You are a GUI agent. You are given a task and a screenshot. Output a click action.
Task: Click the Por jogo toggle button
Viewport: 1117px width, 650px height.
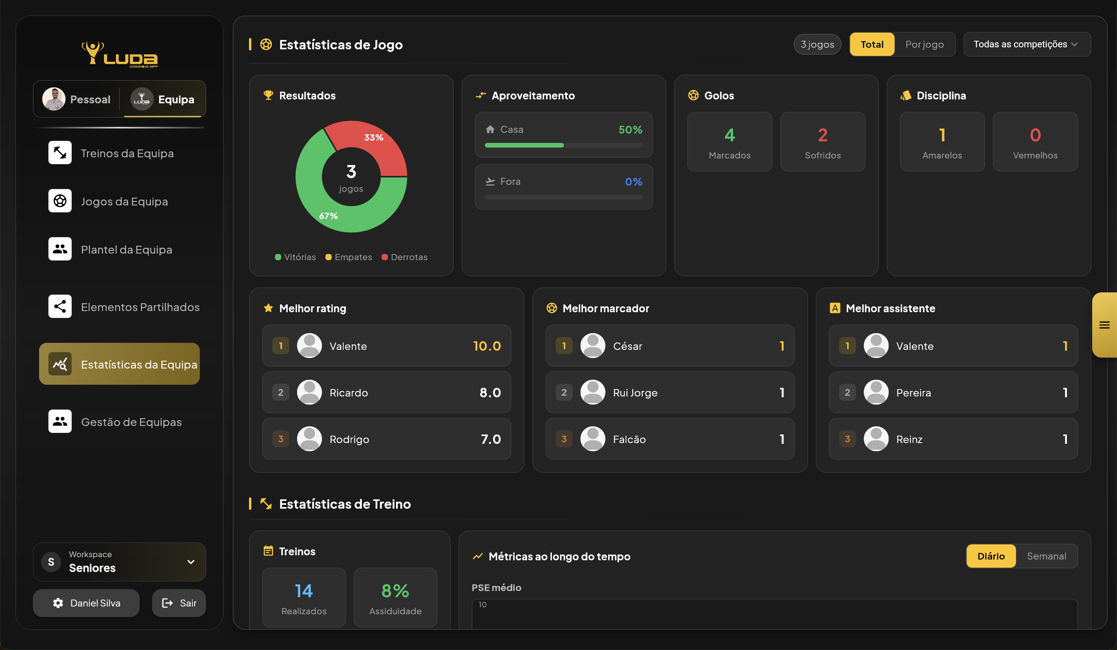point(924,44)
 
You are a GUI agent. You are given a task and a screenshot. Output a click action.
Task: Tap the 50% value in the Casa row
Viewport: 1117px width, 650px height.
point(630,130)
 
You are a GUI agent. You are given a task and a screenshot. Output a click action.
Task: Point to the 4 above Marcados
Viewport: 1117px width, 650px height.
point(730,135)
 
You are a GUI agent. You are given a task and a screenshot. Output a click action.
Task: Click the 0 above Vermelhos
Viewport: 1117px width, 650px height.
point(1035,135)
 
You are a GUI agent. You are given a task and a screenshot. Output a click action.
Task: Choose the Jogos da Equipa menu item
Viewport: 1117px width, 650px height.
point(124,202)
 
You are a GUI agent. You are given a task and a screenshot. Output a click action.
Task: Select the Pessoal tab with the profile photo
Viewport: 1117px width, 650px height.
point(77,99)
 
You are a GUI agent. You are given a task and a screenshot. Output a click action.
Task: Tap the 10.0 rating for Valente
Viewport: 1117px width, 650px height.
point(487,346)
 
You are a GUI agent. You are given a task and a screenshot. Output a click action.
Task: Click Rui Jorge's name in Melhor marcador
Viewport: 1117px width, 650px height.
point(635,393)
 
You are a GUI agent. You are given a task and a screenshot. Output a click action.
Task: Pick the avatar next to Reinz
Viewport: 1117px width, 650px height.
point(876,439)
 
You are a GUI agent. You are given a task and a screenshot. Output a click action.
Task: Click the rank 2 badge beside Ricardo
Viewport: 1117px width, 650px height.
point(280,393)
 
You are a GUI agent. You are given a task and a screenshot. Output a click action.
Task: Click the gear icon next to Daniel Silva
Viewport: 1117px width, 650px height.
point(58,603)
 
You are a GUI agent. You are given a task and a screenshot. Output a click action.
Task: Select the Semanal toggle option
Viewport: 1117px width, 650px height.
point(1046,556)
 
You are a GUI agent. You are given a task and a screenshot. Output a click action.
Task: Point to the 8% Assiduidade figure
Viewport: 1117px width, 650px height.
point(395,591)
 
